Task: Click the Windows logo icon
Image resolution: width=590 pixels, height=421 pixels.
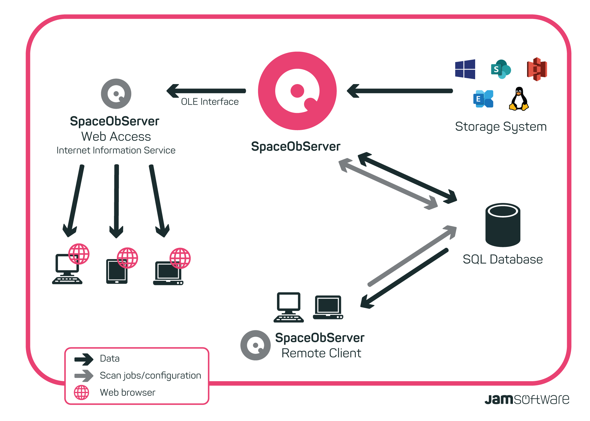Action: point(465,69)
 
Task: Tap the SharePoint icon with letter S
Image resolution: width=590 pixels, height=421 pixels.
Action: point(500,69)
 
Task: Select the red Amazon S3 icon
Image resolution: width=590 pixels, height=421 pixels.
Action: point(537,69)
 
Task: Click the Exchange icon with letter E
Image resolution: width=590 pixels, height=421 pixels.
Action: point(483,99)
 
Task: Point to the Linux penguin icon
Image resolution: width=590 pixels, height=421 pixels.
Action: point(519,99)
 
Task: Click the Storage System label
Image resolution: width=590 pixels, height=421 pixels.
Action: point(501,127)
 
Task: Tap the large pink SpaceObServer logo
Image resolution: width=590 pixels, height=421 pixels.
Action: point(297,91)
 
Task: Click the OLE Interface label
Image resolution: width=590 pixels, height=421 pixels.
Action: point(210,102)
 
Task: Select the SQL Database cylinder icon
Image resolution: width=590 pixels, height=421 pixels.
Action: point(503,225)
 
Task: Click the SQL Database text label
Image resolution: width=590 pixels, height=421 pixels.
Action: point(503,259)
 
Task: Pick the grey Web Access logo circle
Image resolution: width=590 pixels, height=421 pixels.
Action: point(116,94)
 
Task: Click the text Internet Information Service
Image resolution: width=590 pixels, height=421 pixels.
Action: point(116,151)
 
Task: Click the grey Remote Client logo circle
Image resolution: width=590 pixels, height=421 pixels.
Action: point(255,345)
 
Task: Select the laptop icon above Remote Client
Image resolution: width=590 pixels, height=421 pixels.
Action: point(328,308)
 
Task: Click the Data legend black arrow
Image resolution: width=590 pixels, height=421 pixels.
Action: point(84,359)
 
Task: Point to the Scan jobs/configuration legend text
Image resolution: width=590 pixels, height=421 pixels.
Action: point(150,376)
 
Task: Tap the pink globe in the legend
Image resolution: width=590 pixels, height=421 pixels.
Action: point(82,392)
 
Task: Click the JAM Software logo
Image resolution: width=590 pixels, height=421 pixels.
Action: point(527,399)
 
